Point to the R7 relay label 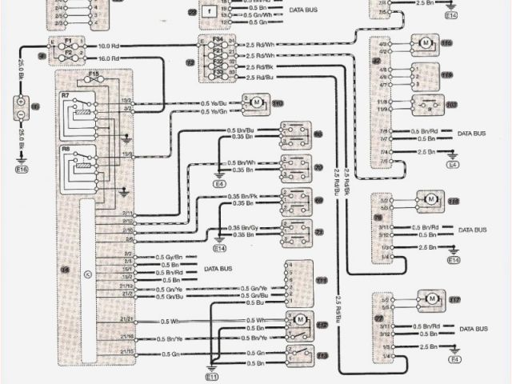pos(66,95)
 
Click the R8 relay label pos(66,149)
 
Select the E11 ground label pos(212,376)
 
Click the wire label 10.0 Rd pos(110,46)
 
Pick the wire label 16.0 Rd pos(110,58)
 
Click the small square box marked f pos(207,11)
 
